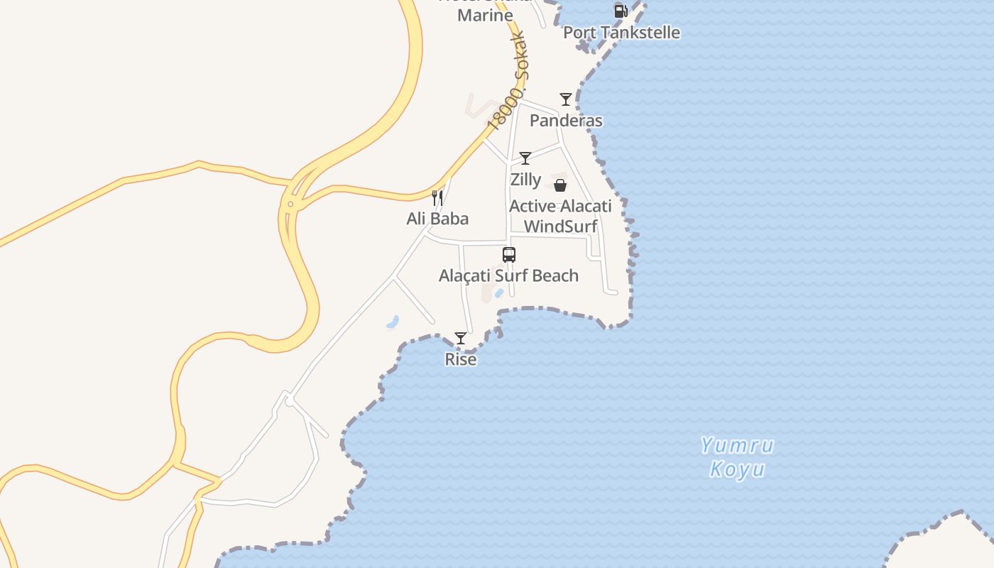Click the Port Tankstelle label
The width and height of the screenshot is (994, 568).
pyautogui.click(x=621, y=33)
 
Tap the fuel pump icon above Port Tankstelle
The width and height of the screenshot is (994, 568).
pyautogui.click(x=621, y=11)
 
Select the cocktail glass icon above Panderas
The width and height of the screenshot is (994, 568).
pyautogui.click(x=566, y=99)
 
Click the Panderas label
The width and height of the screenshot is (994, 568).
pyautogui.click(x=566, y=121)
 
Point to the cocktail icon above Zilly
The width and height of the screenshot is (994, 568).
pyautogui.click(x=525, y=158)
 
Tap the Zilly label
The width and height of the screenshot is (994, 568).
pyautogui.click(x=525, y=180)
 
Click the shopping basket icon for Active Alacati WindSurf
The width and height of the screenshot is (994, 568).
pyautogui.click(x=560, y=185)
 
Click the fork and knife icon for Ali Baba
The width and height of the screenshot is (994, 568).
pyautogui.click(x=437, y=197)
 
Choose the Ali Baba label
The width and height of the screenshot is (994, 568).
pyautogui.click(x=437, y=219)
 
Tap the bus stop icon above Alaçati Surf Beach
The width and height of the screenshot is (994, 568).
pyautogui.click(x=509, y=255)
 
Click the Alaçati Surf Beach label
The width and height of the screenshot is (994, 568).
pyautogui.click(x=508, y=275)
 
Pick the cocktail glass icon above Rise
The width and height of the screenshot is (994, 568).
pyautogui.click(x=461, y=338)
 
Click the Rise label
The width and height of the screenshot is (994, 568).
pyautogui.click(x=461, y=359)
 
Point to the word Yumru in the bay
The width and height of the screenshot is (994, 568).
pyautogui.click(x=737, y=446)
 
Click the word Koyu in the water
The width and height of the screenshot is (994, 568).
pyautogui.click(x=737, y=469)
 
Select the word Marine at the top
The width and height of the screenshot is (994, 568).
pyautogui.click(x=485, y=15)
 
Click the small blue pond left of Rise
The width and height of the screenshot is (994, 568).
pyautogui.click(x=393, y=322)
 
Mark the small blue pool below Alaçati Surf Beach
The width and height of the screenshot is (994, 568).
pyautogui.click(x=499, y=293)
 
